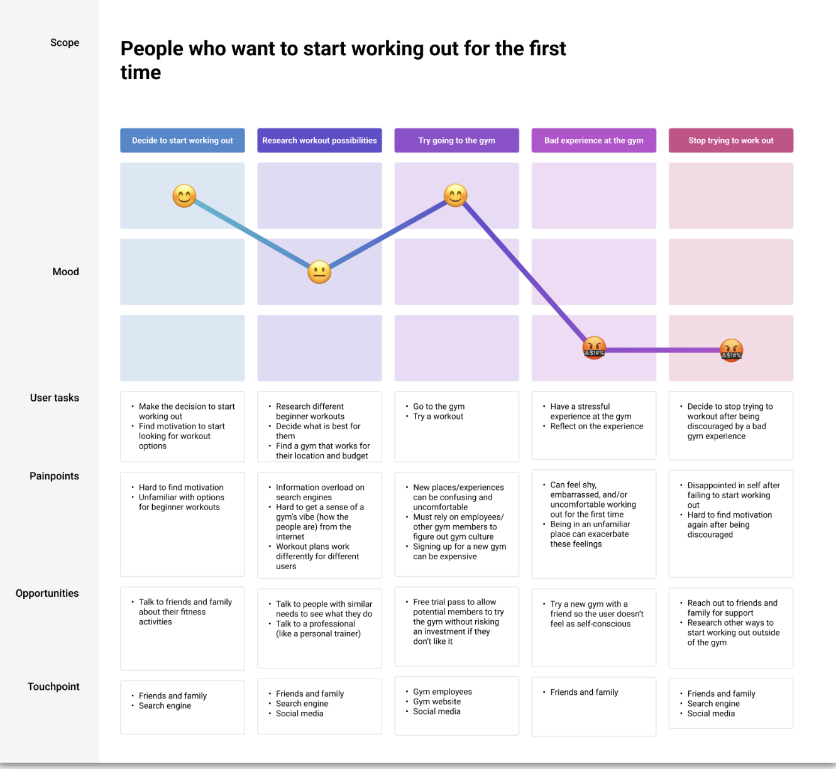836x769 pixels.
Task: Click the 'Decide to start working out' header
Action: click(182, 141)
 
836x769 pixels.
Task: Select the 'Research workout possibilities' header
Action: click(319, 141)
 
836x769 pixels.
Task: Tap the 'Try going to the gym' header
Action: click(456, 141)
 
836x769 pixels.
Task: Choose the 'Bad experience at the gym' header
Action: click(593, 141)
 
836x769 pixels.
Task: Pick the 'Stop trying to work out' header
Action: click(730, 141)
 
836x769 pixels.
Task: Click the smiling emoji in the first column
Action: click(184, 196)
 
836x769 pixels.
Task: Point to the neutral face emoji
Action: click(319, 272)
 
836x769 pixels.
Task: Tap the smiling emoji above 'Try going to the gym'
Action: click(456, 195)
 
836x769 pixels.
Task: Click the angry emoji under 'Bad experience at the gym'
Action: click(594, 347)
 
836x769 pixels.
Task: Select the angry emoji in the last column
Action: click(731, 350)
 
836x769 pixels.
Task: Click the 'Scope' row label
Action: click(65, 43)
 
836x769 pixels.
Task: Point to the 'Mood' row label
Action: click(65, 271)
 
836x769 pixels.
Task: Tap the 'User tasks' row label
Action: click(55, 398)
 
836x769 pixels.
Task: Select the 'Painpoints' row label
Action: click(54, 476)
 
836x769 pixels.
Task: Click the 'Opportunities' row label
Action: click(47, 593)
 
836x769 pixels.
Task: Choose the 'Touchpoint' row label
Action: click(53, 687)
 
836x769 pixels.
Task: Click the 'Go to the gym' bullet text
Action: click(439, 406)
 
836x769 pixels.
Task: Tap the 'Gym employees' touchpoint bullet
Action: click(443, 692)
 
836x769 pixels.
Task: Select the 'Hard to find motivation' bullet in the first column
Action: click(181, 488)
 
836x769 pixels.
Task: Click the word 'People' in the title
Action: click(153, 49)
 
